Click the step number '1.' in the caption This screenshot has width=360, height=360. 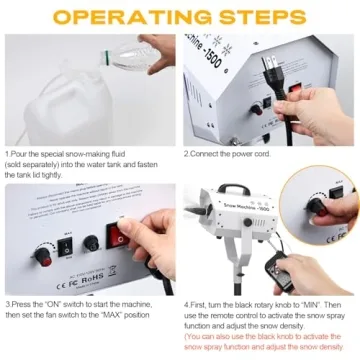tap(7, 154)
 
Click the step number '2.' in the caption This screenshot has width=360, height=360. tap(187, 154)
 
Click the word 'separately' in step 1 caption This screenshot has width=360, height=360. tap(42, 164)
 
